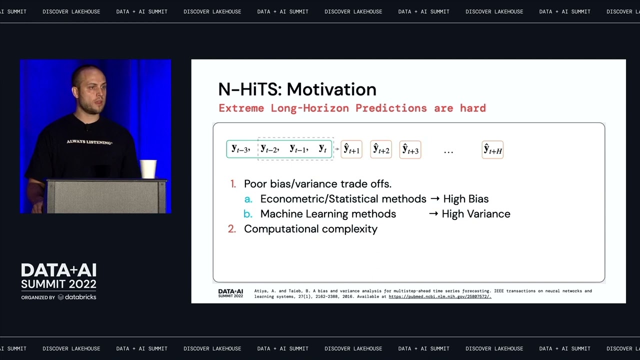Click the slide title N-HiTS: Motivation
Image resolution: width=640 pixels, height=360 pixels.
pos(297,89)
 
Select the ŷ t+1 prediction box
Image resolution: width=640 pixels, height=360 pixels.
pos(351,149)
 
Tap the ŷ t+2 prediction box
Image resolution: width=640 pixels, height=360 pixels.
pos(381,149)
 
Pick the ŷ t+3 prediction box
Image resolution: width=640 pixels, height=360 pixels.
pos(410,149)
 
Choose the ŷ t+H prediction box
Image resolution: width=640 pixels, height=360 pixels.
pos(492,149)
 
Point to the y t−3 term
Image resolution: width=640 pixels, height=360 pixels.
pos(240,149)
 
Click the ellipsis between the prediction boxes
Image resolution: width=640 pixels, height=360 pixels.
pos(448,150)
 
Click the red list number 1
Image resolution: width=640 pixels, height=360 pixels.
pos(233,184)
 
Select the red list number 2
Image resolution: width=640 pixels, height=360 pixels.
pos(232,229)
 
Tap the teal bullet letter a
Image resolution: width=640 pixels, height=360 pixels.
pos(248,199)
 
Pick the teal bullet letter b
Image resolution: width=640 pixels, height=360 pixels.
pos(248,214)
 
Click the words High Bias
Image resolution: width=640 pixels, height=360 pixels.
pos(465,199)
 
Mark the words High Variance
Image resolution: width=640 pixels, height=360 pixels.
pos(476,214)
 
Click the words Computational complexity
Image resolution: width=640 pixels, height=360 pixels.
pos(310,229)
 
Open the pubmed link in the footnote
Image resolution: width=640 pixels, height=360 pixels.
pos(440,296)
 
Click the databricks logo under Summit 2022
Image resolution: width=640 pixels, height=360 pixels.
pos(77,297)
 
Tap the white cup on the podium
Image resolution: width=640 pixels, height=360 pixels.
pos(148,169)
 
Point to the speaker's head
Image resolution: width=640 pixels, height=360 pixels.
pos(90,87)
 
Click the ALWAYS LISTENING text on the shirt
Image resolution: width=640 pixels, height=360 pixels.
pos(89,142)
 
